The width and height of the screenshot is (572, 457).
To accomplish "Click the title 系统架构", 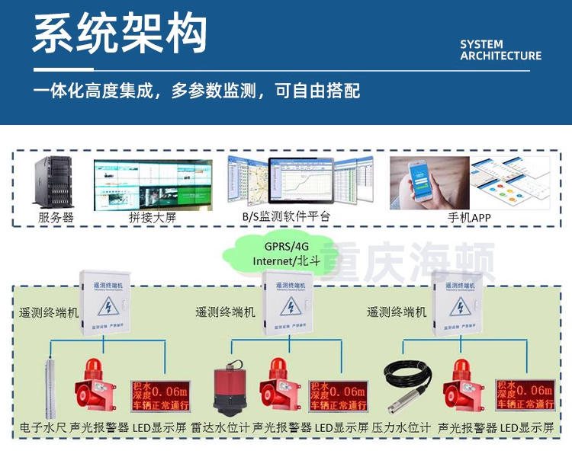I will coord(120,34).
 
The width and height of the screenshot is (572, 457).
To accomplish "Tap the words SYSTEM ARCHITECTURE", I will coord(500,50).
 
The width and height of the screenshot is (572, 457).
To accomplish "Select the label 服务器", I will coord(56,217).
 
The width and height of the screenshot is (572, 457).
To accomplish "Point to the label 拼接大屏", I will coord(153,217).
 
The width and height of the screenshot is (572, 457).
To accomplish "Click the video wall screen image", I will coord(153,183).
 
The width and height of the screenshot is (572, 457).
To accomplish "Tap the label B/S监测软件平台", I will coord(286,217).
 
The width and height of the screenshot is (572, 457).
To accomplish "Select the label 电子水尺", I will coord(43,427).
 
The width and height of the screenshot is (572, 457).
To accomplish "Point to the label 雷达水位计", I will coord(220,427).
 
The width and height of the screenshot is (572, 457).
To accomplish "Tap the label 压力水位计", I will coord(402,427).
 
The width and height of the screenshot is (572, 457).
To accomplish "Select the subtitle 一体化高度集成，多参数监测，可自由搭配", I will coord(197,91).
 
